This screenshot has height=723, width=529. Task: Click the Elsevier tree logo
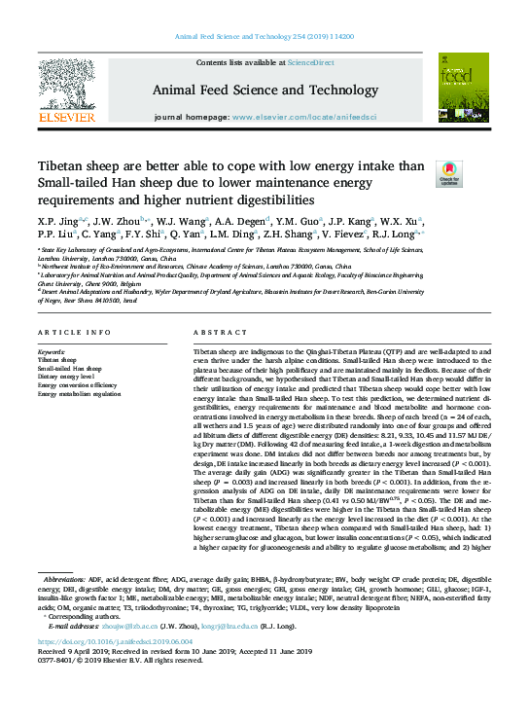point(66,91)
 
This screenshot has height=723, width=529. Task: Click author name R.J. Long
point(398,235)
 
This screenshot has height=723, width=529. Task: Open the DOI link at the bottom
point(108,670)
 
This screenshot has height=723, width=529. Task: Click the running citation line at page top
point(264,36)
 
